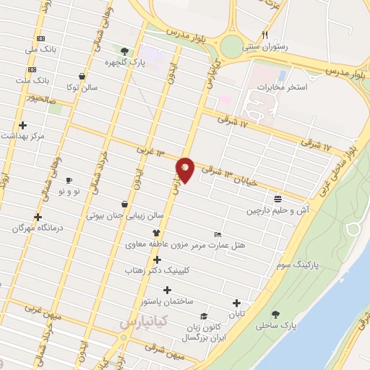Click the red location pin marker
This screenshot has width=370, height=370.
185,170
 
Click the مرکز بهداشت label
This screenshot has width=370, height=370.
23,136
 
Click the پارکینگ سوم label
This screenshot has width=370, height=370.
300,265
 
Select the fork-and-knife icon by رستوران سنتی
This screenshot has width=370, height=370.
265,34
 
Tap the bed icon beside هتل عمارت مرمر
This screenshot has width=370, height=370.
218,234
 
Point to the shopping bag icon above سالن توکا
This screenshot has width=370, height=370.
82,76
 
